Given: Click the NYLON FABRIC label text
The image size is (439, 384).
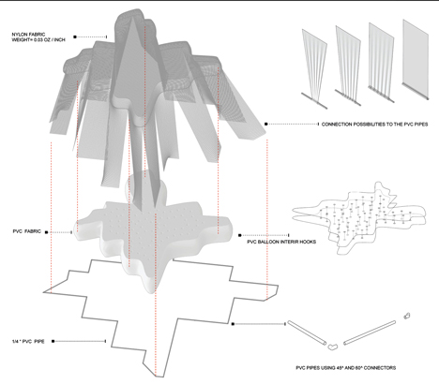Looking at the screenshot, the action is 28,35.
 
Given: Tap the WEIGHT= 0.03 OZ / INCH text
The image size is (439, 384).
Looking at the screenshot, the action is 38,40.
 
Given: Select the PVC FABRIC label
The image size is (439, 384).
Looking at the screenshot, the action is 27,231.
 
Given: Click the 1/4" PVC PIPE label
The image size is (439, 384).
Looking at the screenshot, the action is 28,342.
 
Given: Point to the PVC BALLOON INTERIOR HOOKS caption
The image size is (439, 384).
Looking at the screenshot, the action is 281,242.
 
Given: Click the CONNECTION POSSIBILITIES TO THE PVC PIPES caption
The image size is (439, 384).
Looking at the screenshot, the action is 374,125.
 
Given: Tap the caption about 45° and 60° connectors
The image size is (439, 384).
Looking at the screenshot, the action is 345,368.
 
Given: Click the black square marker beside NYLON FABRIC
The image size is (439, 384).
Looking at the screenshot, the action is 75,37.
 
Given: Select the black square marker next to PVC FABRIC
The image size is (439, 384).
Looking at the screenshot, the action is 47,232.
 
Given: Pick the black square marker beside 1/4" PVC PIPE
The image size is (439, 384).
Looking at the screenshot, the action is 53,341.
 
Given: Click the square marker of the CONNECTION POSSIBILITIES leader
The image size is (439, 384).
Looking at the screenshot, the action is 266,124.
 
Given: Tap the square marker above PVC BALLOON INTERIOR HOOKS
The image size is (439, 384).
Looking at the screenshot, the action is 240,235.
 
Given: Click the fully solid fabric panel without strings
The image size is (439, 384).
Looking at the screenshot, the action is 416,59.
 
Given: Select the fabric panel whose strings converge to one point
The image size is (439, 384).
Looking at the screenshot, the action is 314,68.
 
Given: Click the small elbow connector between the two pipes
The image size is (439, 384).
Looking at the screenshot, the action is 332,347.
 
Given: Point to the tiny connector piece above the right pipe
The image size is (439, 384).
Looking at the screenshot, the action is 407,316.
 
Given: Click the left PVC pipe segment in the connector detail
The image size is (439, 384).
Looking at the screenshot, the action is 307,332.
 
